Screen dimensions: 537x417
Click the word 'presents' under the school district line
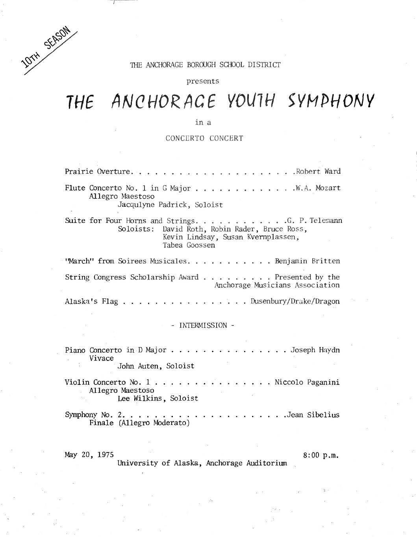coord(203,81)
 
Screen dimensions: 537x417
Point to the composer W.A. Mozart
coord(317,188)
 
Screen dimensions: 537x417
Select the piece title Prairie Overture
coord(97,171)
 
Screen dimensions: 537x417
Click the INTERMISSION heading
coord(203,326)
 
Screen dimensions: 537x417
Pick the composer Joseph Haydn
coord(315,350)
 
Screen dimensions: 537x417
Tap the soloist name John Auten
coord(139,366)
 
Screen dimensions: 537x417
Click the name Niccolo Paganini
coord(307,382)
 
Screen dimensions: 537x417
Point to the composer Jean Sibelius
coord(313,415)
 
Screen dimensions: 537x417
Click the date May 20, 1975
coord(89,455)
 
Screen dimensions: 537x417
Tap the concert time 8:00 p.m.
coord(321,456)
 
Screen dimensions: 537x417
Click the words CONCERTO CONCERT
coord(204,138)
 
